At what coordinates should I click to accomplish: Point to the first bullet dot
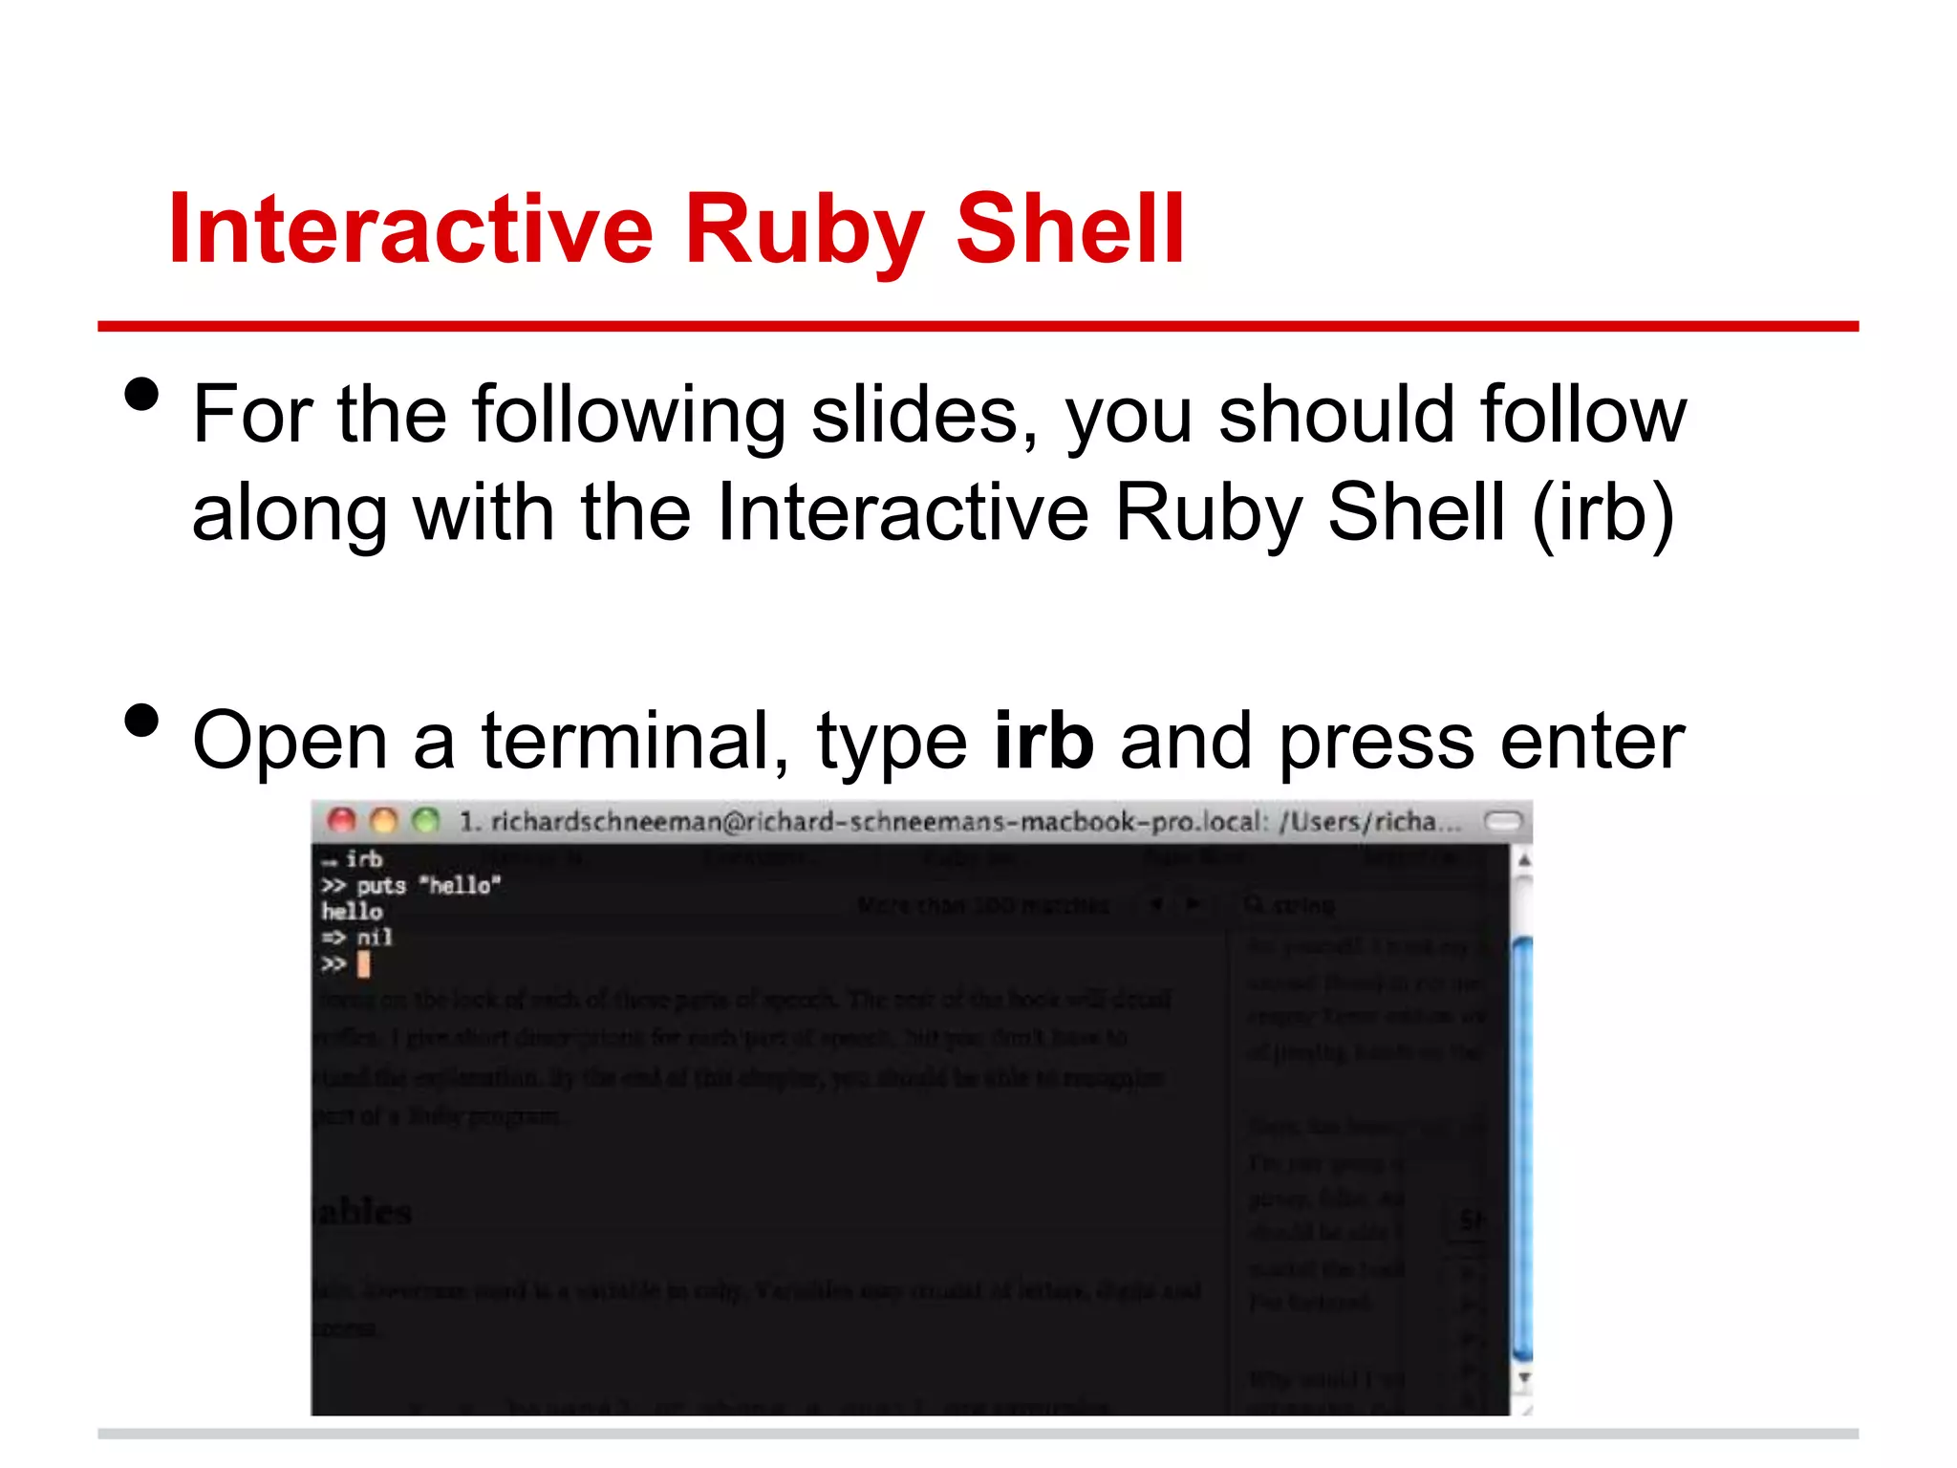coord(141,394)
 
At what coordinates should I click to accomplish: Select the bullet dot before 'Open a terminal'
coord(141,721)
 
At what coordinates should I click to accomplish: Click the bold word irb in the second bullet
coord(1043,741)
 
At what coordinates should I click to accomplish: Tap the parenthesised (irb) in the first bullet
coord(1602,513)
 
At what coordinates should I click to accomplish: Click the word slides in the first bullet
coord(924,415)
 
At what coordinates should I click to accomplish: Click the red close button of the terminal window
coord(341,820)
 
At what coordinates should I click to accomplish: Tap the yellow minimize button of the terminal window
coord(383,820)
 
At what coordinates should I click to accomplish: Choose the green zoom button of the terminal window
coord(425,820)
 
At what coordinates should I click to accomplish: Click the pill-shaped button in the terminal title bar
coord(1502,821)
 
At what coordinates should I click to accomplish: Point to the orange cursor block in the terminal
coord(363,964)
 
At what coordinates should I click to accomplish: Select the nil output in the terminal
coord(374,938)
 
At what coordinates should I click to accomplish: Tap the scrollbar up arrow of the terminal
coord(1524,861)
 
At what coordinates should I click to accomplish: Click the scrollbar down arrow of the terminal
coord(1524,1377)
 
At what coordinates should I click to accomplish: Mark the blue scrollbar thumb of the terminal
coord(1523,1147)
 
